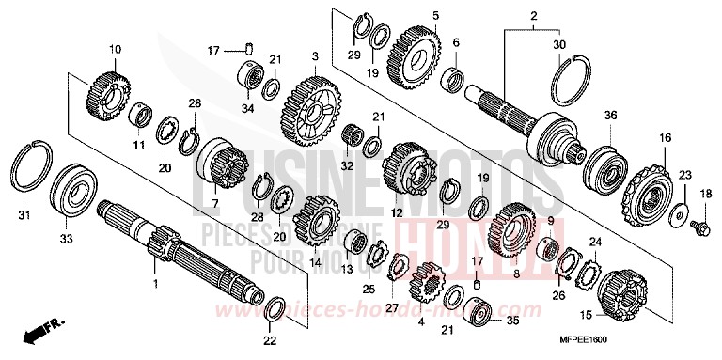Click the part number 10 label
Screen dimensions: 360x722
tap(115, 49)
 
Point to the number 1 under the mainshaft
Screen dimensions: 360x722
tap(156, 280)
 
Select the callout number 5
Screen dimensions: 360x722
tap(410, 15)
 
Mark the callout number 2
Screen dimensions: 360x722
tap(533, 15)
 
